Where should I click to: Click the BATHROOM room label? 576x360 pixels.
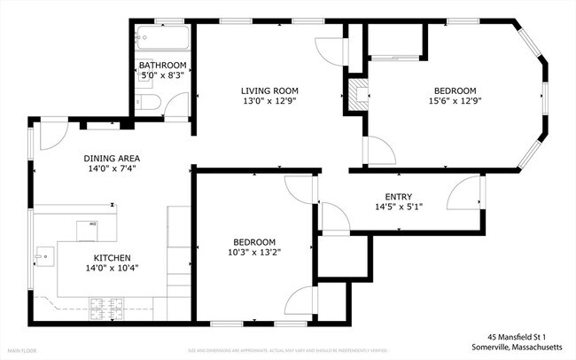162,66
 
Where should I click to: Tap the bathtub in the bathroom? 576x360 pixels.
162,39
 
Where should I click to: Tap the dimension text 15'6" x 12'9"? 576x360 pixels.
455,102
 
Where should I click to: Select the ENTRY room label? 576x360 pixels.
398,197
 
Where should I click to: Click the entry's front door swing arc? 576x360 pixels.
464,192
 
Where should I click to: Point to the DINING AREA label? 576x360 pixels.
112,159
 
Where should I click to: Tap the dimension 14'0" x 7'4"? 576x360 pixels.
112,169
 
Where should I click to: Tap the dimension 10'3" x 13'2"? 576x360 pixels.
254,254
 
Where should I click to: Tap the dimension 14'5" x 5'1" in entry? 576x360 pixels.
398,207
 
